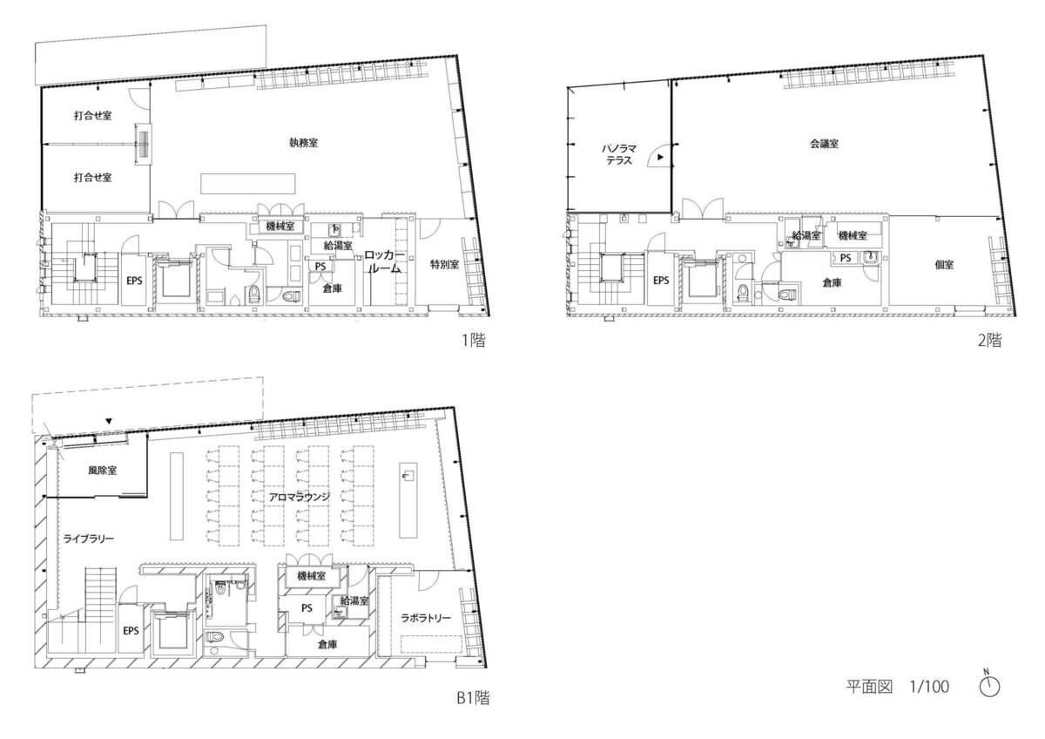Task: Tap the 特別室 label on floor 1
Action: pos(444,265)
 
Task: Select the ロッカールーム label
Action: pos(383,262)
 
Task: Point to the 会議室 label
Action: pos(823,144)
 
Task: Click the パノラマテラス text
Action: pos(621,155)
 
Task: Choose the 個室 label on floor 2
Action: pos(944,265)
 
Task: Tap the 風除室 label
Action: pos(103,470)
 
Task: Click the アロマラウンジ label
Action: pos(288,496)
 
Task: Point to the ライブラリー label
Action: pos(89,539)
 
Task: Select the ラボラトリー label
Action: pos(426,618)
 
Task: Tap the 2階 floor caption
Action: pos(989,342)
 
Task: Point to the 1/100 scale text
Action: pos(928,687)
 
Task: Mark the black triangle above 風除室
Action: pos(108,422)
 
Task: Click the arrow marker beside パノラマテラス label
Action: pos(662,157)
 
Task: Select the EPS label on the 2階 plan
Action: pos(661,281)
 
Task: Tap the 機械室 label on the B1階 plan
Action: pos(311,576)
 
